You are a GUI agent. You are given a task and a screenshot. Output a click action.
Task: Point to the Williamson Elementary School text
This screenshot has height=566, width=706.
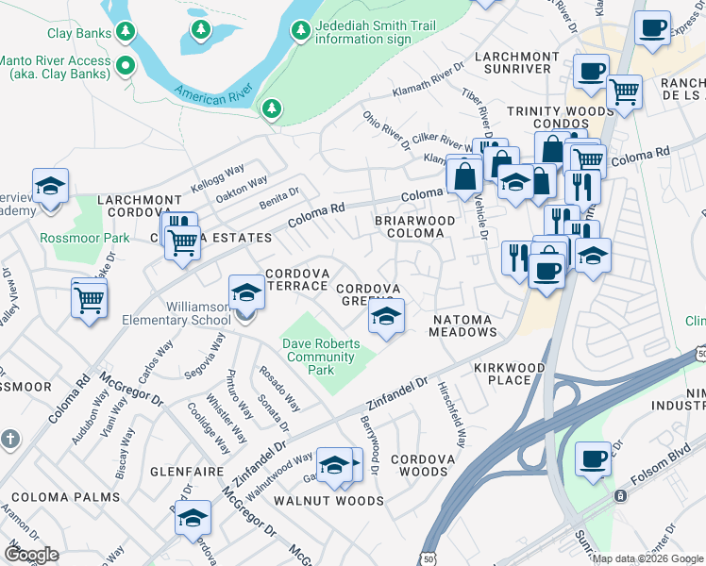176,313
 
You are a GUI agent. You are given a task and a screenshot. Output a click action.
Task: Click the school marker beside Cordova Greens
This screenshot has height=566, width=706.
385,318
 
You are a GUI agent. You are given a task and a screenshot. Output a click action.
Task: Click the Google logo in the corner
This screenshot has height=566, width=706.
31,554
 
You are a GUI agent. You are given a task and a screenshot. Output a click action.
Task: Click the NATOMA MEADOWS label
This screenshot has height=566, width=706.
463,325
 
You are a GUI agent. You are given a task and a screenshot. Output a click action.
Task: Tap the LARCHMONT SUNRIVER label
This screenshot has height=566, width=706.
513,62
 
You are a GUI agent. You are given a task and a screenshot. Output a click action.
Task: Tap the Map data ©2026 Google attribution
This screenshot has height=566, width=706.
647,558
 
